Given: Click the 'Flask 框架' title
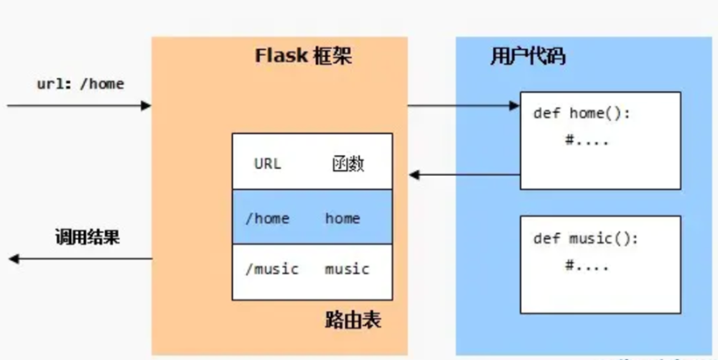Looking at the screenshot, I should (304, 57).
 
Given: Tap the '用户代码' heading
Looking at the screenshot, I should (527, 57).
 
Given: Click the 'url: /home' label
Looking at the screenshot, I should (80, 84).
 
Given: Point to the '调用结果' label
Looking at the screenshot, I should (88, 237).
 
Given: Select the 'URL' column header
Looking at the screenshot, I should (268, 164).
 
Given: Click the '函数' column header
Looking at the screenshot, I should (348, 164).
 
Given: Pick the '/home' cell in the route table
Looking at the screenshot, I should (268, 218).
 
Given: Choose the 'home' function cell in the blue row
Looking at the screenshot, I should (342, 218).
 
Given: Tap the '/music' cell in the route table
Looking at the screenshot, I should (271, 269).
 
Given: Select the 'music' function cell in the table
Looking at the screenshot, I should (347, 269).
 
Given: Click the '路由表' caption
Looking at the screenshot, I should (352, 321).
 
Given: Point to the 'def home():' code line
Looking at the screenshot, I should (581, 114).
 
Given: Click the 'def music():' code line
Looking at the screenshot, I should (586, 239).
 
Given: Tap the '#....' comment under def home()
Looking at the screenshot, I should (587, 139).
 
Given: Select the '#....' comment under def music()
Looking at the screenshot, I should (587, 265).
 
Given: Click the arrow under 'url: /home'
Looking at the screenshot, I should (79, 106).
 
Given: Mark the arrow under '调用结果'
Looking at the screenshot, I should (79, 258).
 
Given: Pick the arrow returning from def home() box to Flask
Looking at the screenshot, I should (464, 175).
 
